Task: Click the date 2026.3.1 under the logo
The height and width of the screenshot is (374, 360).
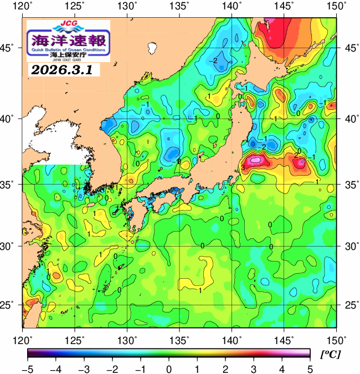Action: [x=61, y=70]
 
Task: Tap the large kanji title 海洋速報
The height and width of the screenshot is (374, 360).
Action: [x=68, y=40]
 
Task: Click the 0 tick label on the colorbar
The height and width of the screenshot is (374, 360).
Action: [x=168, y=368]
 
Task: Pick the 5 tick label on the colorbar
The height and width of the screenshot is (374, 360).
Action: [x=310, y=368]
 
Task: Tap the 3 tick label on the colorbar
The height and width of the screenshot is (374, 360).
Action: [x=254, y=368]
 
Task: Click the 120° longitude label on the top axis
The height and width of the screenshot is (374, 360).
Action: [x=23, y=7]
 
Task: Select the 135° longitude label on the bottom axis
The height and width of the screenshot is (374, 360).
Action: [x=180, y=340]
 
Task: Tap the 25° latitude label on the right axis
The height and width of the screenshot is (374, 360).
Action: [x=348, y=305]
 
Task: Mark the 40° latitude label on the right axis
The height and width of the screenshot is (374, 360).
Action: [x=348, y=119]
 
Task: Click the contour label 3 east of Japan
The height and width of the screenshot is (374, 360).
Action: [x=243, y=167]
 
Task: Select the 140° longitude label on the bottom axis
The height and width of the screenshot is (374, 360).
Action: [x=232, y=340]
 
